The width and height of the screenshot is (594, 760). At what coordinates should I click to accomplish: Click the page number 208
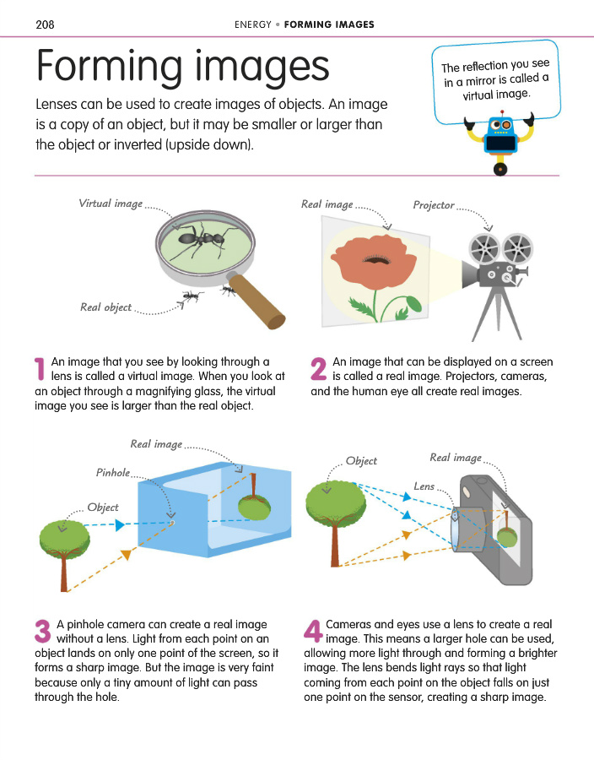click(x=45, y=24)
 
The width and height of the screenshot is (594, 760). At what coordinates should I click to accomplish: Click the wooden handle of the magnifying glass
click(x=257, y=301)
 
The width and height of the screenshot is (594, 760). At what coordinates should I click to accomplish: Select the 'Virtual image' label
click(x=111, y=204)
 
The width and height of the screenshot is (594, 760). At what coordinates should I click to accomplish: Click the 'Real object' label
click(x=105, y=307)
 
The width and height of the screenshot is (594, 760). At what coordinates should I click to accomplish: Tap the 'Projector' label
click(x=434, y=205)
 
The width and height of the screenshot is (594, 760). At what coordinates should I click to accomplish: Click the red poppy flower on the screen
click(x=372, y=262)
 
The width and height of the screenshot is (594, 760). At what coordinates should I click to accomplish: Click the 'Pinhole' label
click(x=113, y=473)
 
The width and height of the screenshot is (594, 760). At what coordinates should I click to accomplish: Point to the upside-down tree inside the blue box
click(x=254, y=497)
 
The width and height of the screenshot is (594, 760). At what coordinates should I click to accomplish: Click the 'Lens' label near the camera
click(x=424, y=486)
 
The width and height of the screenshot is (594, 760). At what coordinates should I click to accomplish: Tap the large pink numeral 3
click(x=42, y=631)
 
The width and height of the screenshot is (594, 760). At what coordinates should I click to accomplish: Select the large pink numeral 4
click(x=313, y=631)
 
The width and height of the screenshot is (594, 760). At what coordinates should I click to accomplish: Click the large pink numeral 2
click(x=319, y=369)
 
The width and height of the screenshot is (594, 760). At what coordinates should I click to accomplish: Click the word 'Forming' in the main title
click(x=110, y=67)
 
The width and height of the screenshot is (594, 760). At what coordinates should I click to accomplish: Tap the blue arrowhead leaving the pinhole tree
click(x=120, y=524)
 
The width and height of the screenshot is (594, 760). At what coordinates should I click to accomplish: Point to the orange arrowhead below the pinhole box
click(x=127, y=555)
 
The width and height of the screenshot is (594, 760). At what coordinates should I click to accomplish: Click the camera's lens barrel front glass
click(x=455, y=529)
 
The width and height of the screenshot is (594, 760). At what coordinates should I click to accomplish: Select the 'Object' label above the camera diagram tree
click(x=361, y=461)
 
